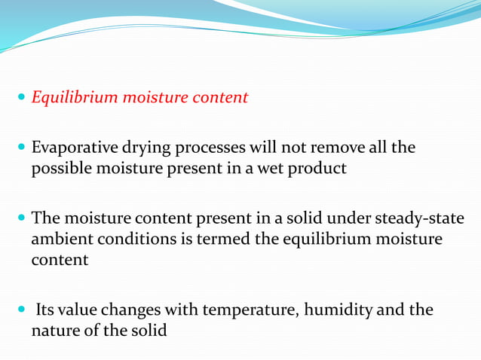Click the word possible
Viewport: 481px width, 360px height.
[x=59, y=169]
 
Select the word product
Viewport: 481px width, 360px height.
[x=320, y=169]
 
